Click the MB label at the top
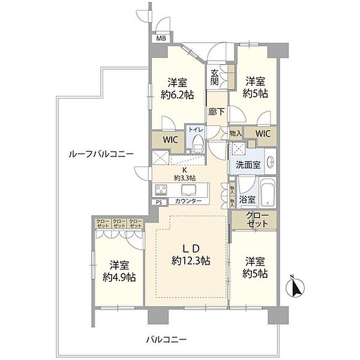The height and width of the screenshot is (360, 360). (160, 38)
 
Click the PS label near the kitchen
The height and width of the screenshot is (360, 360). (159, 203)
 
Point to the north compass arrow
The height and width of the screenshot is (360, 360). (295, 289)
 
